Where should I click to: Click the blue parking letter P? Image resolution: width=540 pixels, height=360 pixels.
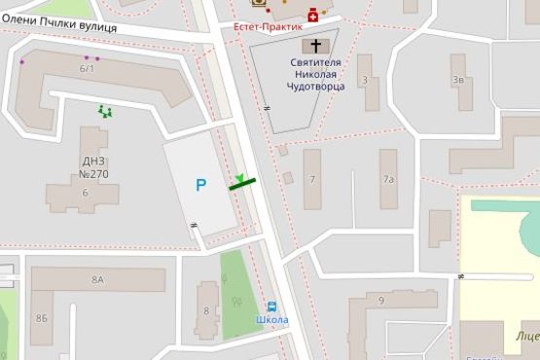200,184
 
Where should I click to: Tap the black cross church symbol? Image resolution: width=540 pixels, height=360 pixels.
313,45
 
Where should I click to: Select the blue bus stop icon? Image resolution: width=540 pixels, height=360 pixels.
272,306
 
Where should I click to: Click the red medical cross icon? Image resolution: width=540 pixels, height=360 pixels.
312,14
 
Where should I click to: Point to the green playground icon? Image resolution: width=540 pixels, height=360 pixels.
104,111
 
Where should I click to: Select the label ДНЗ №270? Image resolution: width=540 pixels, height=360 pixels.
93,167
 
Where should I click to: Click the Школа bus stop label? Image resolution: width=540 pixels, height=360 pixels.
273,320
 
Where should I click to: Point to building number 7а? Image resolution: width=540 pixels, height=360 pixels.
388,179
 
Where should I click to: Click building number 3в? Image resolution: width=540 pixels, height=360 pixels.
457,80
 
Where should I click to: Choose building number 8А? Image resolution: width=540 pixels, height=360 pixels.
97,280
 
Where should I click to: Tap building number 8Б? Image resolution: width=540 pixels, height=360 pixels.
41,318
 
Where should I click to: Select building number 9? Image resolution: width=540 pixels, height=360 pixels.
380,301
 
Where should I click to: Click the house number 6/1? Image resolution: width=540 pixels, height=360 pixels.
88,68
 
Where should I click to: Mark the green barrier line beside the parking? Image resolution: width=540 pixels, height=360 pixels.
243,182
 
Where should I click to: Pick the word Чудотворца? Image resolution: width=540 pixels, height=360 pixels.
313,86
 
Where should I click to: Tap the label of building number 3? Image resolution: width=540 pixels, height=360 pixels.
364,80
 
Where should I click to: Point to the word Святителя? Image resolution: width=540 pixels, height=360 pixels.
313,60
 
